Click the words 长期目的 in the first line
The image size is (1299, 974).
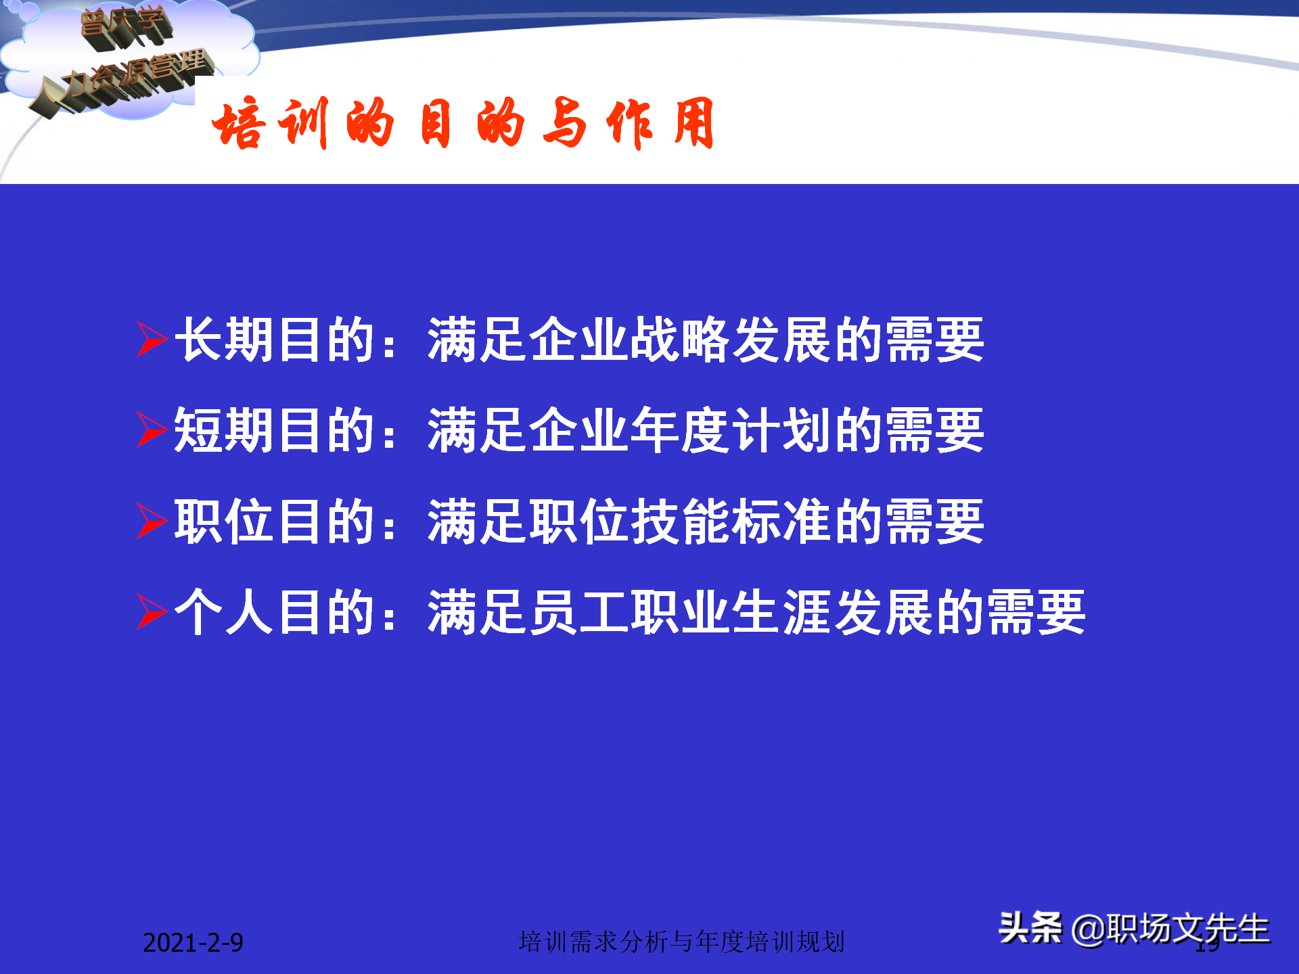coord(275,340)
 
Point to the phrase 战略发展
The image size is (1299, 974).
coord(731,340)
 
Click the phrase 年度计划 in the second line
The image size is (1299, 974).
coord(731,430)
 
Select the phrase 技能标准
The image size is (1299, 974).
coord(731,521)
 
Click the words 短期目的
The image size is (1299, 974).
coord(275,430)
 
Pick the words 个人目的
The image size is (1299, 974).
coord(275,612)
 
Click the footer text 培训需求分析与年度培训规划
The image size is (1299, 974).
coord(681,942)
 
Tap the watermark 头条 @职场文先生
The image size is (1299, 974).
coord(1134,928)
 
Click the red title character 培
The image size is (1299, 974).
coord(237,123)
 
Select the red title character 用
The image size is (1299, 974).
coord(694,123)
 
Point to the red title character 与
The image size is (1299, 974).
coord(564,123)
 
